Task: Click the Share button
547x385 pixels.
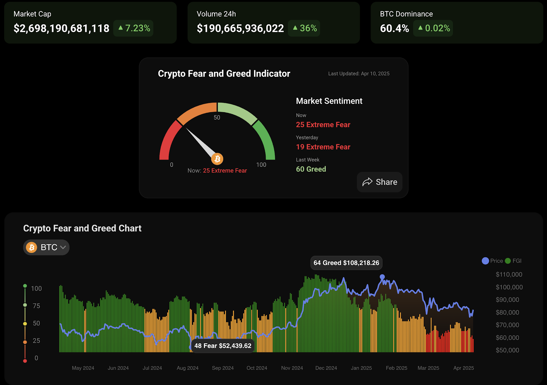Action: pyautogui.click(x=379, y=182)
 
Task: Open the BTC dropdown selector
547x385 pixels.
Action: pyautogui.click(x=46, y=247)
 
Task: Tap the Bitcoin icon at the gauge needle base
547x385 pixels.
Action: pyautogui.click(x=217, y=159)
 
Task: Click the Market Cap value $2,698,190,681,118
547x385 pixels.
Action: pyautogui.click(x=62, y=28)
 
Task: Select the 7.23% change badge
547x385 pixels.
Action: pyautogui.click(x=134, y=28)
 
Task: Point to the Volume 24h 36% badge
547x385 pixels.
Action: pyautogui.click(x=304, y=28)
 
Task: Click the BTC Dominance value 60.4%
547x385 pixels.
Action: pyautogui.click(x=395, y=28)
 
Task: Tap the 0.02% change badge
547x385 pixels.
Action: pyautogui.click(x=433, y=28)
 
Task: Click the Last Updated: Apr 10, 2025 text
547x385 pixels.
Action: pyautogui.click(x=359, y=74)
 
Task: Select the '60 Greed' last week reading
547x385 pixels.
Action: pyautogui.click(x=311, y=169)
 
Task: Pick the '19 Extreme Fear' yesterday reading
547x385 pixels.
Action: pyautogui.click(x=323, y=147)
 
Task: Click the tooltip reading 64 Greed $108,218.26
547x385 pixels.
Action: pyautogui.click(x=346, y=263)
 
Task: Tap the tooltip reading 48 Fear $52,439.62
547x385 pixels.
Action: pyautogui.click(x=223, y=346)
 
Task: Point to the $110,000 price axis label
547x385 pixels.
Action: pyautogui.click(x=509, y=275)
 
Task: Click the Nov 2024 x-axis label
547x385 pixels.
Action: pyautogui.click(x=292, y=368)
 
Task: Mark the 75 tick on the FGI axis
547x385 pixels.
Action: pyautogui.click(x=36, y=306)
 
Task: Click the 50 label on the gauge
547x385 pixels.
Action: pyautogui.click(x=217, y=118)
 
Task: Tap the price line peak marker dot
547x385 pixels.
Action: pyautogui.click(x=382, y=277)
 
